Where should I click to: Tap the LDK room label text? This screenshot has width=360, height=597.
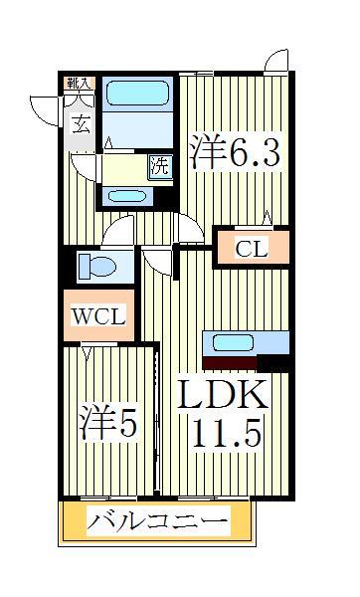coord(224,396)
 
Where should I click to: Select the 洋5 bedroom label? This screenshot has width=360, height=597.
coord(107,422)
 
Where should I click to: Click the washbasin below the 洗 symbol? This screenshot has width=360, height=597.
coord(129,195)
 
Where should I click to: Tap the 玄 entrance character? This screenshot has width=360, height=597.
coord(81,123)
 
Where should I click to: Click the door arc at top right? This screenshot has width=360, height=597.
coord(276,60)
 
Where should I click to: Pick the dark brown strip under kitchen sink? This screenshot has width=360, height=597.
coord(229,362)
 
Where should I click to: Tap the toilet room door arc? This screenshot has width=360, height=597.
coord(121,233)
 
